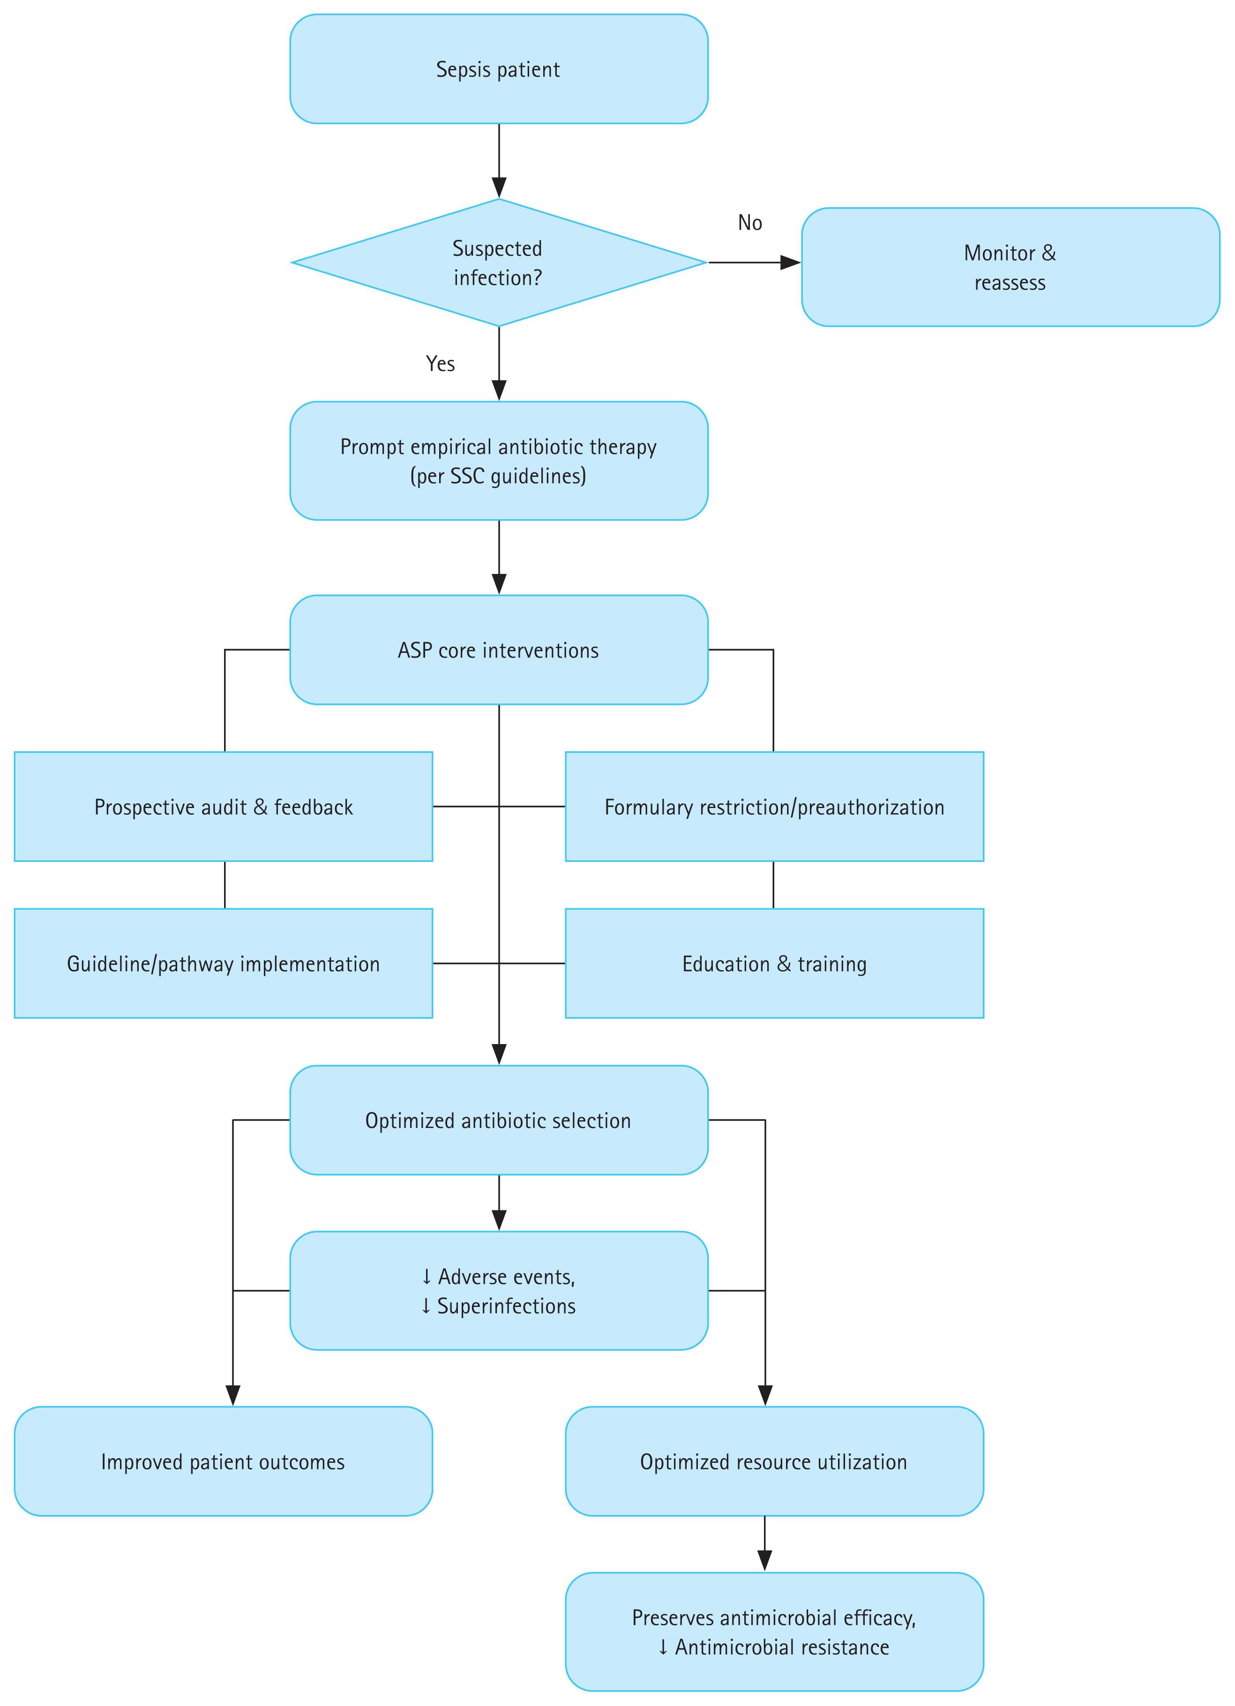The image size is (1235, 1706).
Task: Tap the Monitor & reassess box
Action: pyautogui.click(x=1010, y=267)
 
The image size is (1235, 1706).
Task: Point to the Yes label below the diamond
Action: pyautogui.click(x=440, y=364)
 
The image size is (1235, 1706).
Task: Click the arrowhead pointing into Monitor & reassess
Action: pyautogui.click(x=790, y=262)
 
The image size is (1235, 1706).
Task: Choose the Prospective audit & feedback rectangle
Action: pyautogui.click(x=224, y=806)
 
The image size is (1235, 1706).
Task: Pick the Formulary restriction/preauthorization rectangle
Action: pyautogui.click(x=774, y=806)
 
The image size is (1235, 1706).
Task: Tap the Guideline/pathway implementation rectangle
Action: pyautogui.click(x=224, y=964)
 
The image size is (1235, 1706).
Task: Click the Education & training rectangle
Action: pyautogui.click(x=774, y=964)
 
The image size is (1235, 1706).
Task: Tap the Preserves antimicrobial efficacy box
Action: pyautogui.click(x=774, y=1632)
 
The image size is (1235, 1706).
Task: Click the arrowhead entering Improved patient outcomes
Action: pyautogui.click(x=233, y=1395)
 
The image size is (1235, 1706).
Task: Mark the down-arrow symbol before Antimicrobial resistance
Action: pyautogui.click(x=663, y=1647)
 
